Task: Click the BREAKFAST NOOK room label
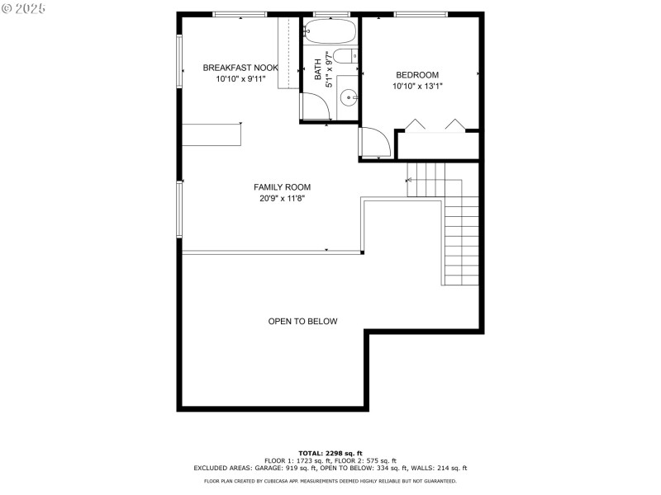[x=240, y=68]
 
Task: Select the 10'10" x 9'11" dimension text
[x=240, y=79]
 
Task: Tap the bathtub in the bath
[x=330, y=32]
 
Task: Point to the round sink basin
[x=349, y=98]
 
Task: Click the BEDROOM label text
[x=417, y=74]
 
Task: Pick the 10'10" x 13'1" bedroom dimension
[x=417, y=86]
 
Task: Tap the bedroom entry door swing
[x=374, y=141]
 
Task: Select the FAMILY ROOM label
[x=282, y=187]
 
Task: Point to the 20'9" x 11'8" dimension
[x=282, y=198]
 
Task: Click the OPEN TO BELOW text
[x=302, y=321]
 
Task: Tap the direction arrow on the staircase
[x=410, y=180]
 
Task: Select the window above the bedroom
[x=420, y=14]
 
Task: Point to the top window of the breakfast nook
[x=240, y=14]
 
